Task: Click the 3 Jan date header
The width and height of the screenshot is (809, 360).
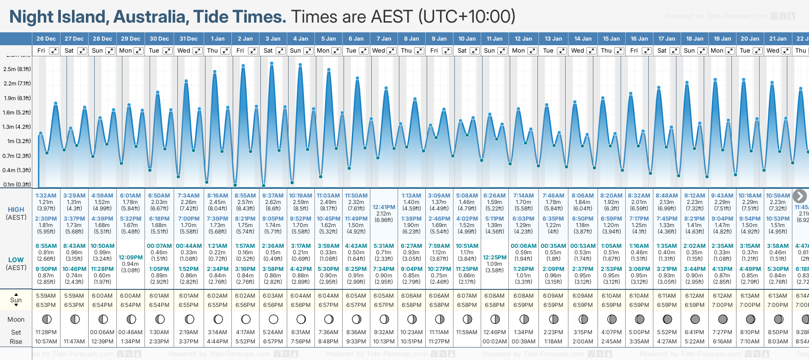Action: (x=273, y=39)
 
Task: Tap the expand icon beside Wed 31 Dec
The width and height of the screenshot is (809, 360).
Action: (x=197, y=51)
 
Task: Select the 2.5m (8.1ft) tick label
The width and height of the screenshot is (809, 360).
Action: (x=17, y=69)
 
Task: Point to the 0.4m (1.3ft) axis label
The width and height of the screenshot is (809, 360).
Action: (x=17, y=170)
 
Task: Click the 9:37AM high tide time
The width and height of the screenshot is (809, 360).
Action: (x=273, y=196)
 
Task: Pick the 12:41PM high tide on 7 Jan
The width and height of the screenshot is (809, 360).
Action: (x=384, y=207)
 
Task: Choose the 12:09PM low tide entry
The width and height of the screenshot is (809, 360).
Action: (x=131, y=258)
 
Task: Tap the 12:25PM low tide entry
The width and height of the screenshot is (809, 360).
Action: (x=495, y=258)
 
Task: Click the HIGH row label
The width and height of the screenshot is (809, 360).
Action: (x=16, y=210)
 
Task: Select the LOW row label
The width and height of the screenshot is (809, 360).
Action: (x=16, y=260)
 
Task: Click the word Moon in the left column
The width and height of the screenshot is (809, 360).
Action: (x=16, y=319)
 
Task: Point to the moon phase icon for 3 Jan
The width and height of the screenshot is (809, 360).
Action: (x=273, y=319)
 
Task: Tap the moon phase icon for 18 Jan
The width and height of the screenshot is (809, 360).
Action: (x=694, y=319)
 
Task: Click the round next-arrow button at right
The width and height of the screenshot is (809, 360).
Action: (x=799, y=196)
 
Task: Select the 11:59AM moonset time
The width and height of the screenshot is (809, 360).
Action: (x=467, y=332)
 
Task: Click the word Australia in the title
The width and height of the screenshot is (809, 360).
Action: (x=151, y=17)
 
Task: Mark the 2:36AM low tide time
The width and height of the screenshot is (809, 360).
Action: (x=273, y=246)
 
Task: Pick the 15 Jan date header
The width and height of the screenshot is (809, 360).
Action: (x=611, y=39)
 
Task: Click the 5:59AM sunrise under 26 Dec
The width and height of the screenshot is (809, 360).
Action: (x=46, y=296)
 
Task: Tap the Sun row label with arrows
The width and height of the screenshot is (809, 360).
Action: (x=16, y=300)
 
